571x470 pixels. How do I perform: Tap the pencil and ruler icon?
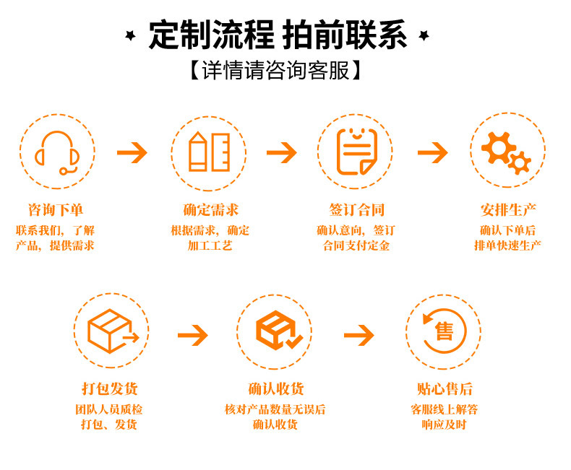(x=209, y=152)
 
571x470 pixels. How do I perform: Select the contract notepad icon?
(x=357, y=152)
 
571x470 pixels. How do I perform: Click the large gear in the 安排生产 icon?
(x=498, y=148)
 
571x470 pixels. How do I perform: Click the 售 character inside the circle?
(x=444, y=331)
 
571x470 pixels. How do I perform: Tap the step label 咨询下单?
(x=56, y=210)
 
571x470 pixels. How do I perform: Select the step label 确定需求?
(x=210, y=210)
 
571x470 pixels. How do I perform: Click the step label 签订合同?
(x=356, y=210)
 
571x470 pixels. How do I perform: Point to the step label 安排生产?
(x=508, y=210)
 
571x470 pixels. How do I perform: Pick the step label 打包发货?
(x=110, y=389)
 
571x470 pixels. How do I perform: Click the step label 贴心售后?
(x=445, y=389)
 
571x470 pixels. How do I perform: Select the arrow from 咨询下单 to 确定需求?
(x=132, y=152)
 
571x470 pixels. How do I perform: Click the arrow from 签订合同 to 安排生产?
(x=432, y=152)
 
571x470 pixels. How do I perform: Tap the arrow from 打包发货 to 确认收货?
(x=192, y=334)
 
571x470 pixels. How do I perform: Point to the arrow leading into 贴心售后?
(x=359, y=334)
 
